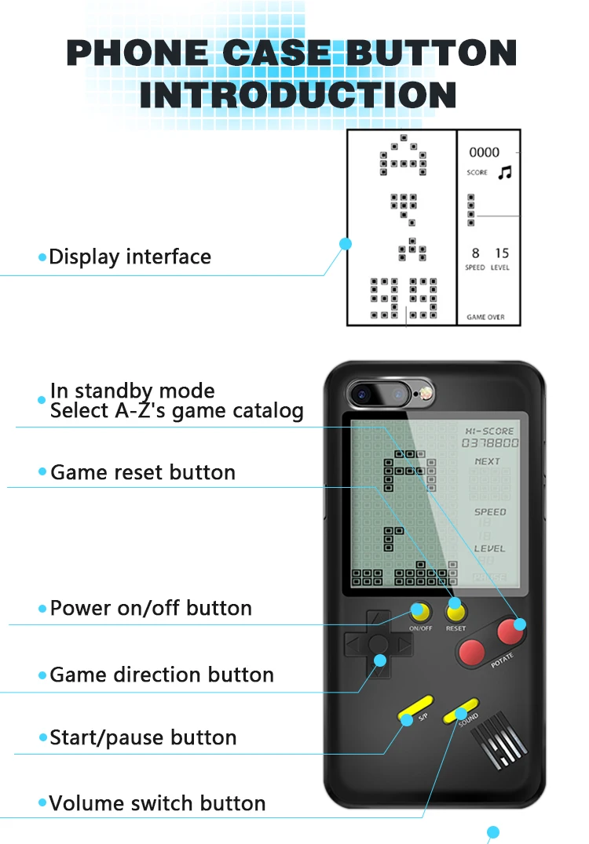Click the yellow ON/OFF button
pyautogui.click(x=421, y=611)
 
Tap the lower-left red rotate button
pyautogui.click(x=472, y=651)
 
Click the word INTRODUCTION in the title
pyautogui.click(x=298, y=95)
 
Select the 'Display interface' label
pyautogui.click(x=130, y=256)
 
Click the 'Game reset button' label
pyautogui.click(x=142, y=472)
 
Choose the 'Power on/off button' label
pyautogui.click(x=151, y=608)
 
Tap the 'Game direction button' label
pyautogui.click(x=161, y=675)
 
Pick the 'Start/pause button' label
pyautogui.click(x=142, y=737)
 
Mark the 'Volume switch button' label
pyautogui.click(x=156, y=803)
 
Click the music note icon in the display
pyautogui.click(x=504, y=172)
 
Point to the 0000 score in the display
pyautogui.click(x=484, y=152)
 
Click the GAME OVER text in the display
pyautogui.click(x=485, y=317)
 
